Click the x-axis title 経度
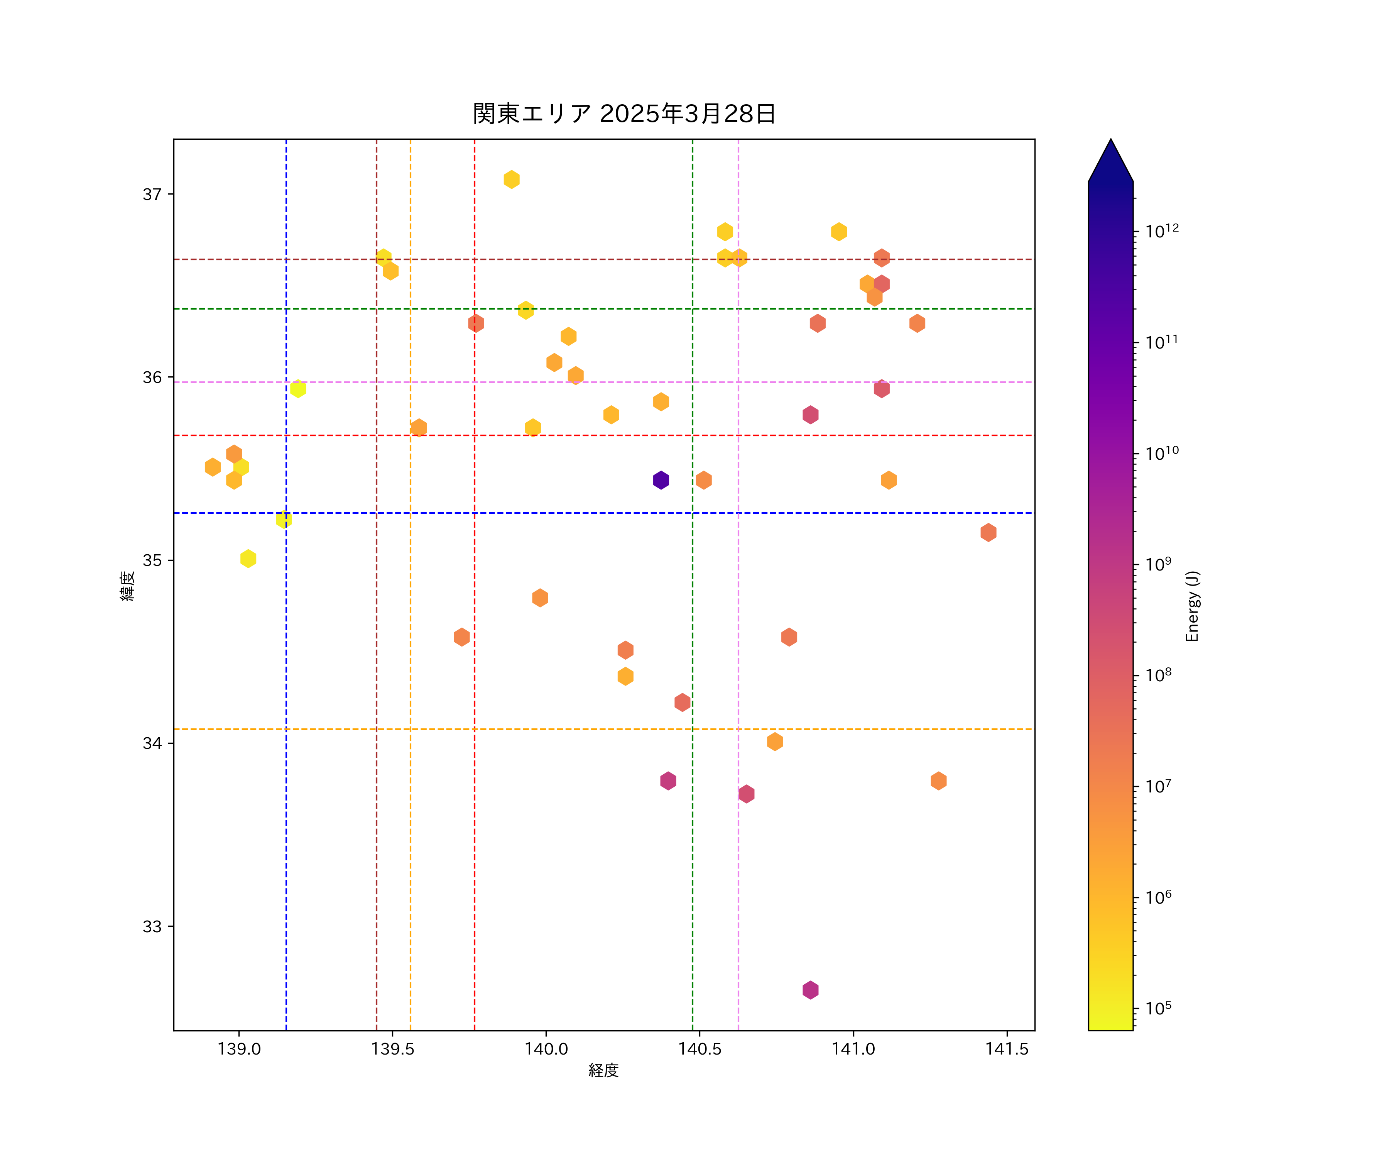pyautogui.click(x=603, y=1070)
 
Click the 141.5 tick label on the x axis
pyautogui.click(x=1007, y=1049)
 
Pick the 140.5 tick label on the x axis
pyautogui.click(x=700, y=1049)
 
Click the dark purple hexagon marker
pyautogui.click(x=661, y=480)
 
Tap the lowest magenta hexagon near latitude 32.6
pyautogui.click(x=810, y=990)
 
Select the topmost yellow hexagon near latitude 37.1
pyautogui.click(x=511, y=179)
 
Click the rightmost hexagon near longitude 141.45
pyautogui.click(x=988, y=532)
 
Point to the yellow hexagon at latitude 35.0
pyautogui.click(x=248, y=559)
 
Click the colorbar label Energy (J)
pyautogui.click(x=1192, y=606)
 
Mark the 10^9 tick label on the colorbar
pyautogui.click(x=1158, y=564)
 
